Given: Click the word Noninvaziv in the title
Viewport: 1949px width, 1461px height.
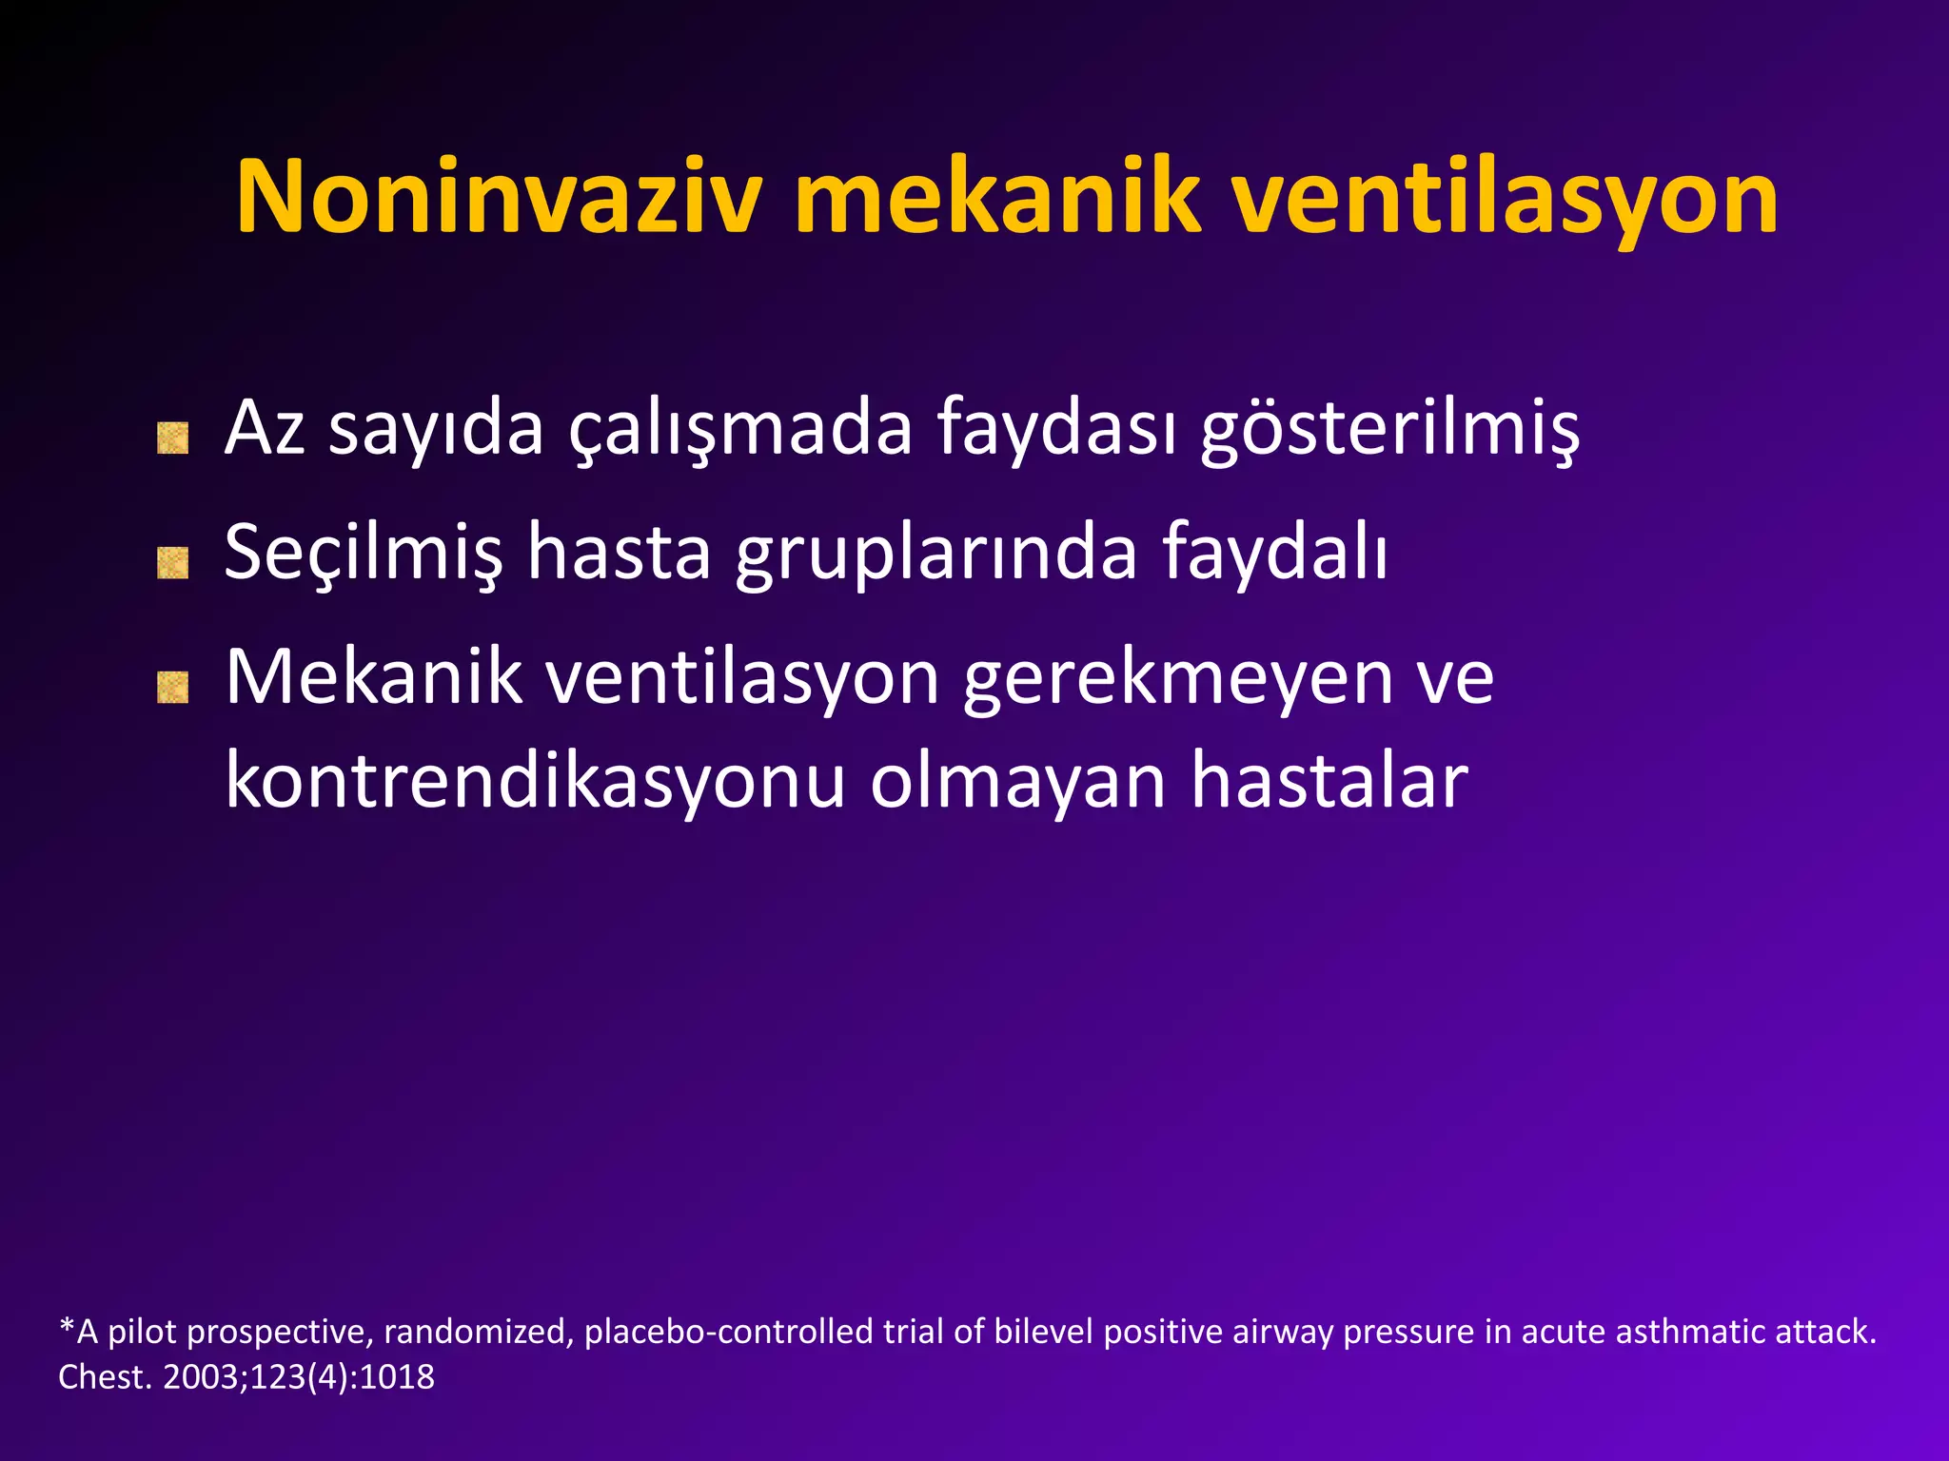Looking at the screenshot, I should pos(499,197).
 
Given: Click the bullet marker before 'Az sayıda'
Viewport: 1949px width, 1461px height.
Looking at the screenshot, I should pos(172,438).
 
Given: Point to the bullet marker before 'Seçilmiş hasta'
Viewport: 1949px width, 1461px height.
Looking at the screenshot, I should pos(172,563).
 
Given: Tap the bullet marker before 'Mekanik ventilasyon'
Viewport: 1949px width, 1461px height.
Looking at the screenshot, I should pos(172,687).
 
